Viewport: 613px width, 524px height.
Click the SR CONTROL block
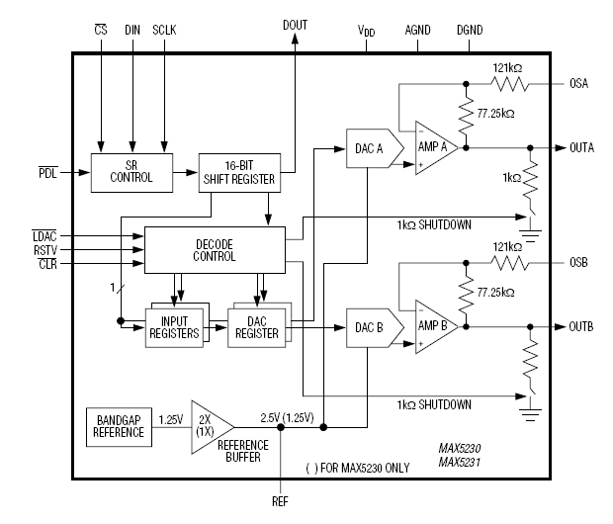131,172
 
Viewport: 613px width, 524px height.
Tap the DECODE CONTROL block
215,250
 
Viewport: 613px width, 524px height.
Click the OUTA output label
581,148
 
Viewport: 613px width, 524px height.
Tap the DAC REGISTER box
257,325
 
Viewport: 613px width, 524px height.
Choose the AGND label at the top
418,31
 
